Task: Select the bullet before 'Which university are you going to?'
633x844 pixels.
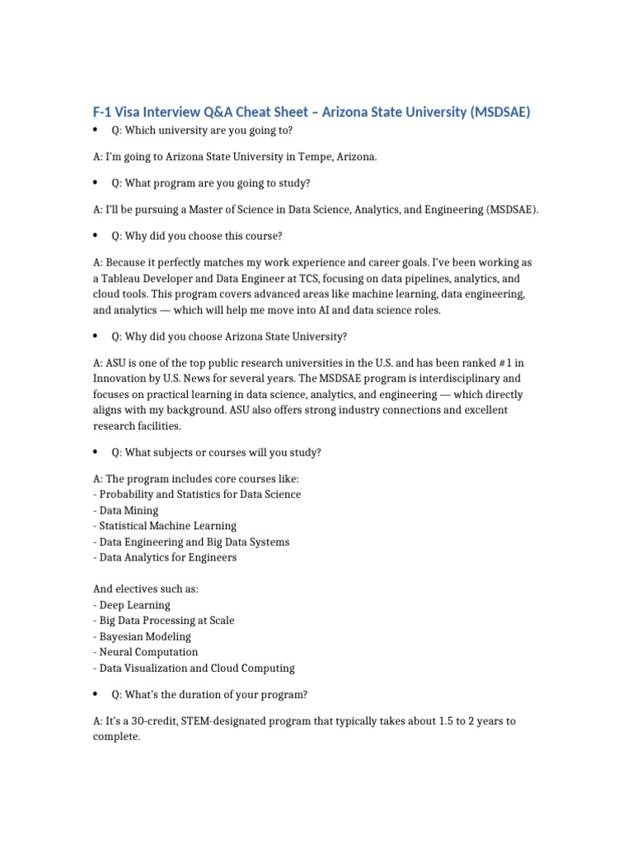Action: tap(96, 130)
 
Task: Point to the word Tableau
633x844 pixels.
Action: tap(125, 279)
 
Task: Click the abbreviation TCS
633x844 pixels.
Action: tap(320, 279)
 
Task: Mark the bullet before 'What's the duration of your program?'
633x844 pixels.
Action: tap(96, 694)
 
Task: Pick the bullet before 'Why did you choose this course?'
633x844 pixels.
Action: tap(96, 236)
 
